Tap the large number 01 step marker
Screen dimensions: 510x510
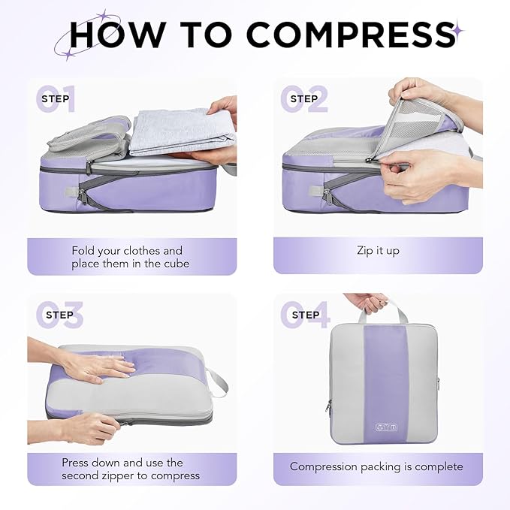(57, 99)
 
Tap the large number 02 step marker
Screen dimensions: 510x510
(304, 99)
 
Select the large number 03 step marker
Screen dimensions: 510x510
(59, 315)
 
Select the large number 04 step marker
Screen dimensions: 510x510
(305, 315)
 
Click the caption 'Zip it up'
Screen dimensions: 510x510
(378, 250)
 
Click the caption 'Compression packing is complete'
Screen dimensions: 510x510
(376, 466)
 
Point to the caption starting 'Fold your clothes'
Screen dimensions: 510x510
(127, 257)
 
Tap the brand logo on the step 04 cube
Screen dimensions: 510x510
(384, 427)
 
